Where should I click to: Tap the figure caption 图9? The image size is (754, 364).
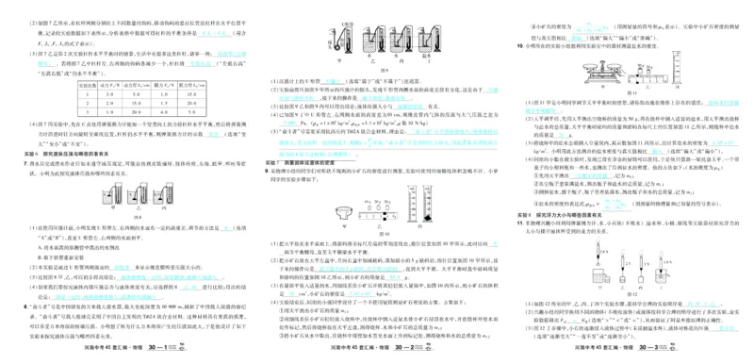384,74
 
